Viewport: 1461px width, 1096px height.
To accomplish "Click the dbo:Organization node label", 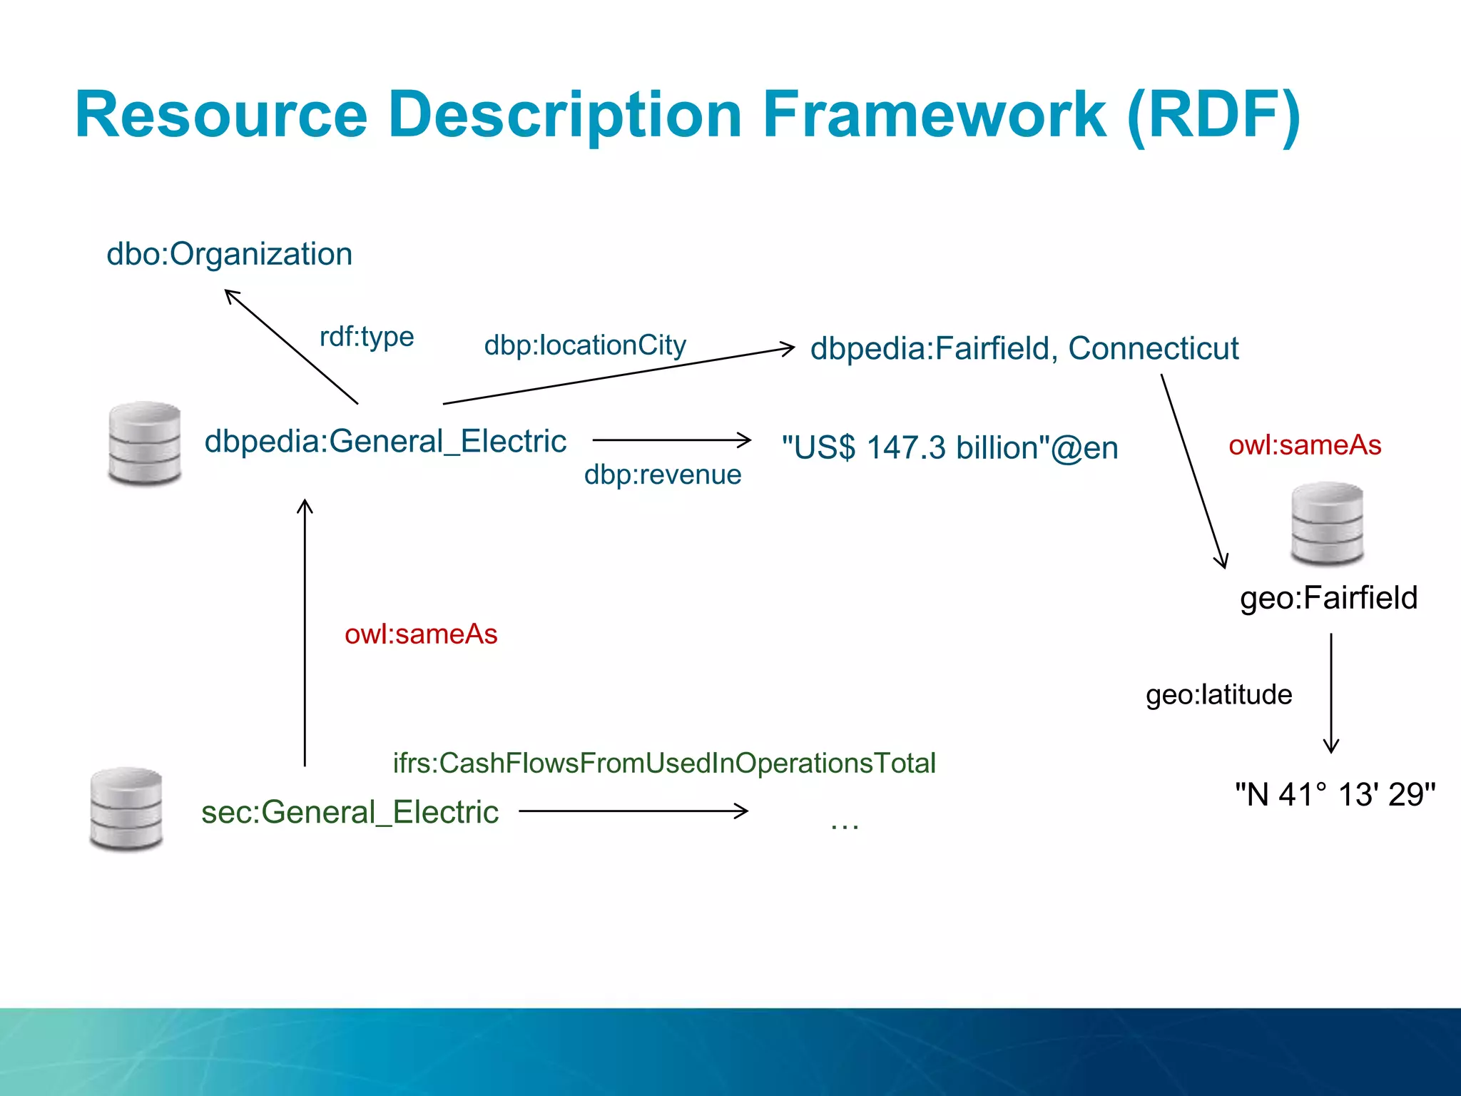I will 229,254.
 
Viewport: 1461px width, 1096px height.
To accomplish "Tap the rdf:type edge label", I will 367,336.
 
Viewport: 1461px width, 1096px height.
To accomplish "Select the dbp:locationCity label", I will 585,345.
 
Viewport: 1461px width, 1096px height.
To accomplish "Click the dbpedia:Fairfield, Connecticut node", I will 1024,349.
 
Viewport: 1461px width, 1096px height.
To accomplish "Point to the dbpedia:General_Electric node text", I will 385,441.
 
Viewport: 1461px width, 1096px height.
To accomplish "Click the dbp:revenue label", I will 663,475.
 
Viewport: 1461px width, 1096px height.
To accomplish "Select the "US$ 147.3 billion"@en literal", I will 950,448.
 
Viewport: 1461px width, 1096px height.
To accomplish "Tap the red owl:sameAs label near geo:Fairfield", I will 1305,445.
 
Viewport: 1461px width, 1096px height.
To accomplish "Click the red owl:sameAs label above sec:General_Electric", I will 421,634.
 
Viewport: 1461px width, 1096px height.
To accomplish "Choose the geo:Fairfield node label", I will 1328,598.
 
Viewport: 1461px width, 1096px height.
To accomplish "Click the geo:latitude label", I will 1218,694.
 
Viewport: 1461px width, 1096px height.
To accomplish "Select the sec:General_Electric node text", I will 350,812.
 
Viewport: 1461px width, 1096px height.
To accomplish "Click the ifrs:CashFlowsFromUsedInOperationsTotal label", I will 664,763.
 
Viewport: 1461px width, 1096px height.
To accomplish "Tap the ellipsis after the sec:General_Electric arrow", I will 845,825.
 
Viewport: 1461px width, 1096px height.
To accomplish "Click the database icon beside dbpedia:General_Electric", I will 145,443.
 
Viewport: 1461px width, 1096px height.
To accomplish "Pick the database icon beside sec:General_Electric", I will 126,809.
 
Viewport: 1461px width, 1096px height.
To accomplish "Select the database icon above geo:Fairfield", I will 1327,523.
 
